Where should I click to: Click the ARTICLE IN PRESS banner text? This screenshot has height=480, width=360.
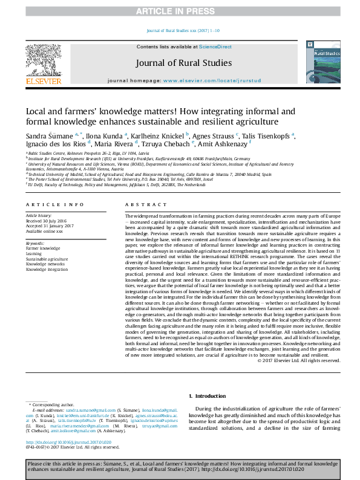tap(180, 11)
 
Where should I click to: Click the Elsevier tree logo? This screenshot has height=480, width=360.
tap(43, 62)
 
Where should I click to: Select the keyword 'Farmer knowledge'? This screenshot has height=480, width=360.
tap(43, 248)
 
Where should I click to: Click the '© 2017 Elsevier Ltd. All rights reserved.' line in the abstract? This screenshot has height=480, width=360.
tap(298, 360)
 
